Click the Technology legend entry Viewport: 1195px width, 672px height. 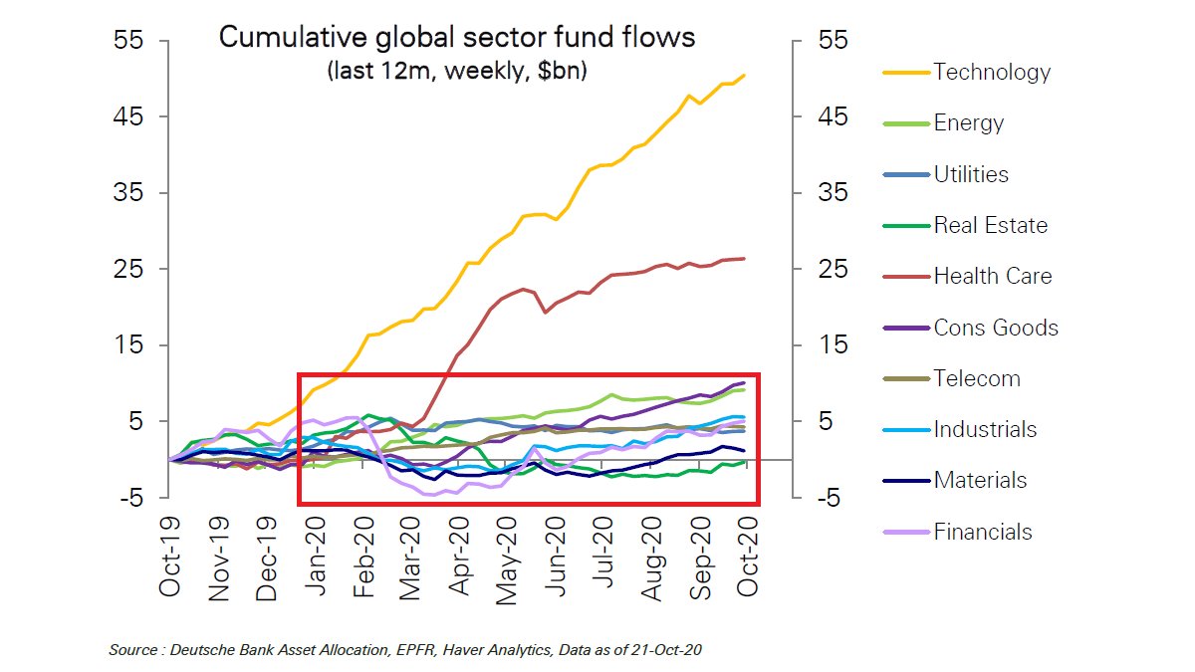[x=991, y=72]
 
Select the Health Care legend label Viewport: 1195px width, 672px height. [x=992, y=276]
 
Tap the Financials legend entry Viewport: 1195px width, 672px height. [x=982, y=532]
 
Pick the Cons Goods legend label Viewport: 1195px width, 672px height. [x=996, y=328]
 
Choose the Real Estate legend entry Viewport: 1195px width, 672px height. [x=990, y=225]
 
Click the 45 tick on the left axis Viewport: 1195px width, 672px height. [x=131, y=116]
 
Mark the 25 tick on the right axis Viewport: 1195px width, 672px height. [x=833, y=269]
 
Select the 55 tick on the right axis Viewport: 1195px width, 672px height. [x=833, y=41]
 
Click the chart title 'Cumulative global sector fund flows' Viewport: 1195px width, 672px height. [x=457, y=38]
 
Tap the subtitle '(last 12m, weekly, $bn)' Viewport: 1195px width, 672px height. [x=457, y=72]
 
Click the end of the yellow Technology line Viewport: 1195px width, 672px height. [x=744, y=76]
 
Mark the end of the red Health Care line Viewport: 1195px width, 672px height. [x=744, y=259]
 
